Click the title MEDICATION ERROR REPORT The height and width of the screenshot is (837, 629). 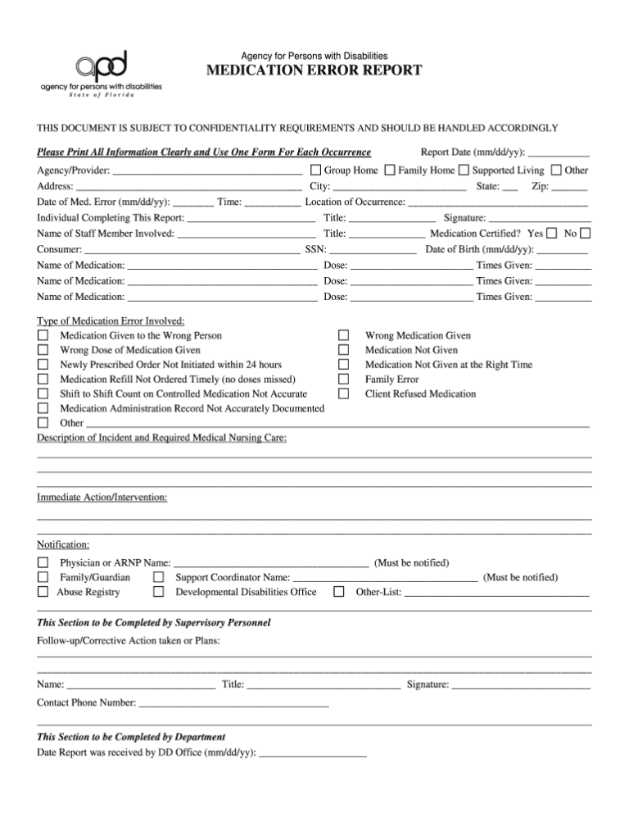click(314, 71)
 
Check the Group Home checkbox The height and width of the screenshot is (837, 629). click(315, 171)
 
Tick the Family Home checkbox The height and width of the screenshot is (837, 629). click(390, 171)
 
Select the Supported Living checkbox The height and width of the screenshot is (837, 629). click(464, 171)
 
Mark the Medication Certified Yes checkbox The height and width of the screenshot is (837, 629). click(552, 234)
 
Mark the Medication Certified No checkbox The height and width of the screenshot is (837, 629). click(585, 234)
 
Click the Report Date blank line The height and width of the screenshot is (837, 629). click(559, 154)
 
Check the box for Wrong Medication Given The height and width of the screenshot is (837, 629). click(344, 336)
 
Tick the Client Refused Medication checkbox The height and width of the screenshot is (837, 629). click(344, 394)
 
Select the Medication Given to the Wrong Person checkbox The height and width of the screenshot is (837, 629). click(43, 336)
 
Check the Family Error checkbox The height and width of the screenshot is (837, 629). click(344, 380)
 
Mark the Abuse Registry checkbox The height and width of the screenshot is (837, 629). click(43, 592)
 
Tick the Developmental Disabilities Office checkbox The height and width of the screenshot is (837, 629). click(159, 592)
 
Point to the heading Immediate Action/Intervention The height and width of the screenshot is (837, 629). click(102, 498)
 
